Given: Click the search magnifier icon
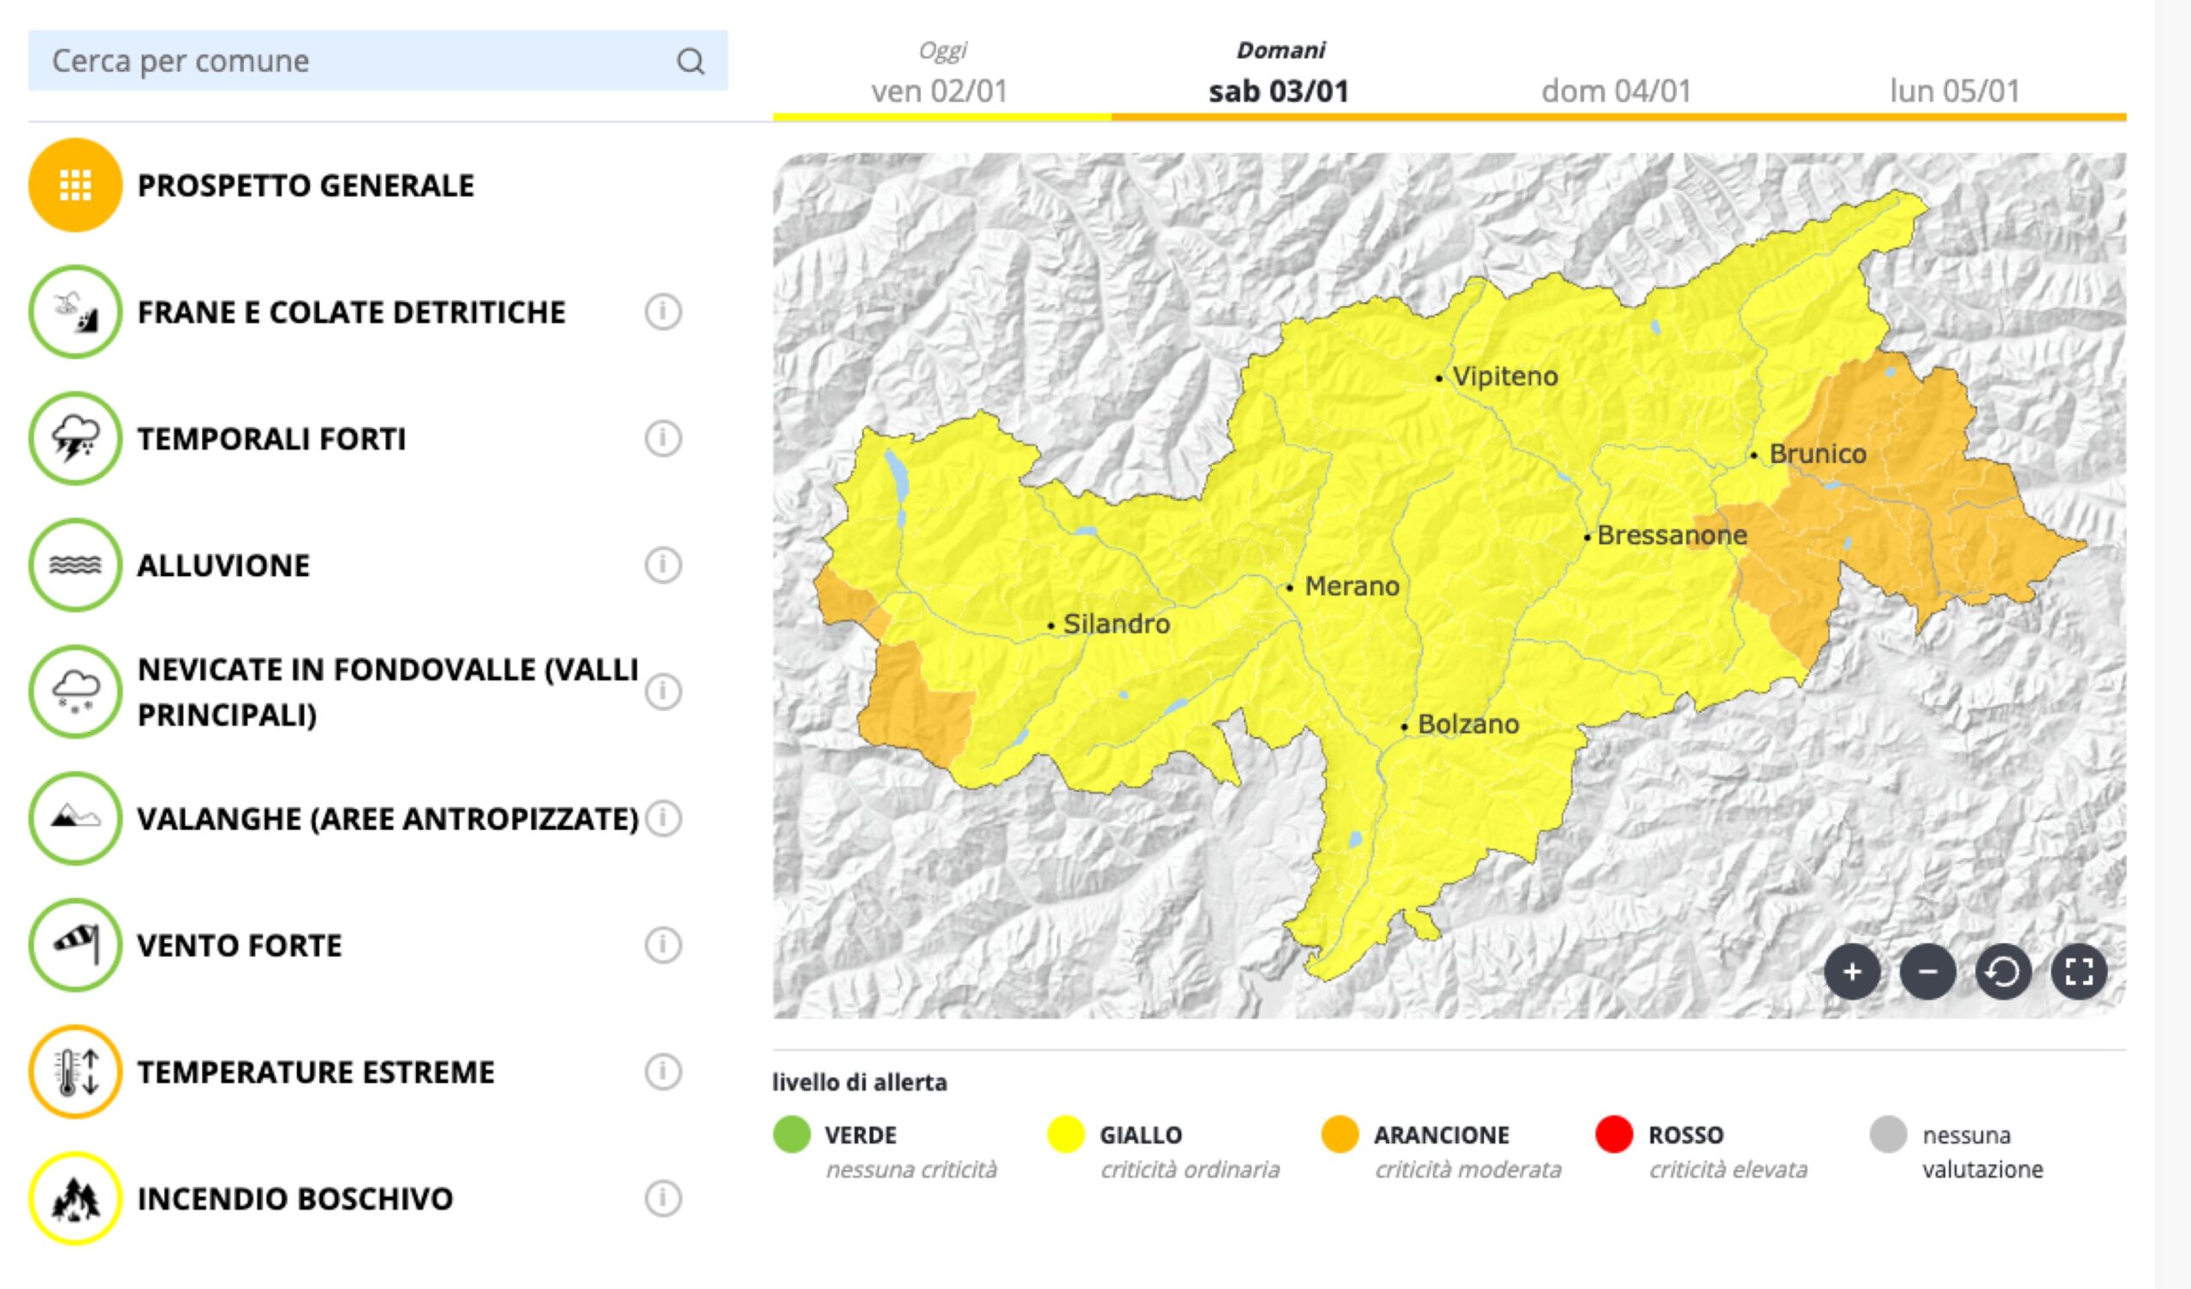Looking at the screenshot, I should [691, 62].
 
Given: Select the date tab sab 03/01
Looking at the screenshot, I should [1278, 91].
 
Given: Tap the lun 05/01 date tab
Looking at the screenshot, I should [1955, 91].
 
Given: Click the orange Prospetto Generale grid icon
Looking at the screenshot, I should [74, 185].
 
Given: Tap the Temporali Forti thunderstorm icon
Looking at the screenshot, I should [74, 438].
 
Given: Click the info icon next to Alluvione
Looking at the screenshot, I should [662, 566].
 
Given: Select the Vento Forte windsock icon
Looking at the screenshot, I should [74, 946].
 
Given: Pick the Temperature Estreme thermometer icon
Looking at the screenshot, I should [74, 1072].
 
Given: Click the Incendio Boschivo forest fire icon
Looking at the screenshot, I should [74, 1198].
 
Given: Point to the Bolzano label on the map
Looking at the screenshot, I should [1468, 724].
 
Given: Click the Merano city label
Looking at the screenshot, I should [1351, 587].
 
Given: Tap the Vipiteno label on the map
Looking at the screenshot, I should [1505, 377].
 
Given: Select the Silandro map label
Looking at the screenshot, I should [1115, 625].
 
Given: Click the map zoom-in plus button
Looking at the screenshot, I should [1852, 971].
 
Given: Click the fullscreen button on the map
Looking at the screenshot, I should [2079, 971].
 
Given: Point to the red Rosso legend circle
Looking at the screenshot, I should [1613, 1135].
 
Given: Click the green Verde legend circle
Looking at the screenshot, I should [791, 1135].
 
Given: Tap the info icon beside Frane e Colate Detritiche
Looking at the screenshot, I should [662, 312].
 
